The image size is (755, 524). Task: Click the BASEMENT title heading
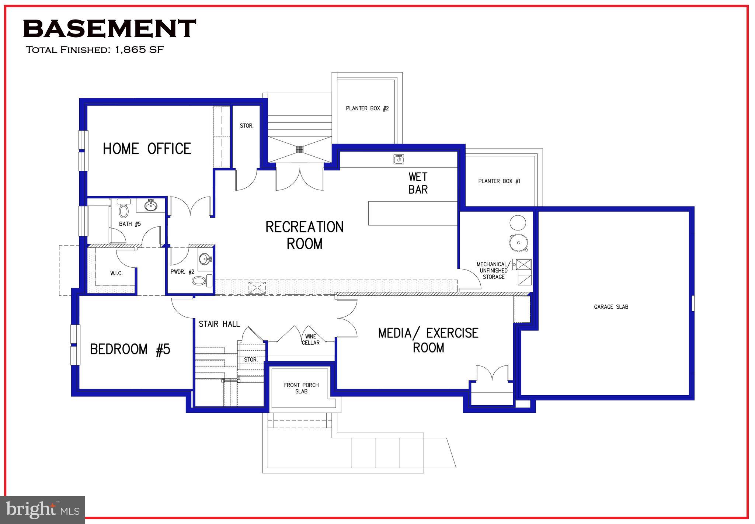[109, 29]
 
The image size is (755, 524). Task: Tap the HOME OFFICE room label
[147, 149]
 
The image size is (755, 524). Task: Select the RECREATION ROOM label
[305, 235]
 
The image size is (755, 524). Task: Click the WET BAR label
[418, 183]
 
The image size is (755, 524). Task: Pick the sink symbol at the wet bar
[399, 159]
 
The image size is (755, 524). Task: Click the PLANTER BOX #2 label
[367, 108]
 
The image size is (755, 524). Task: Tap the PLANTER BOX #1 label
[499, 181]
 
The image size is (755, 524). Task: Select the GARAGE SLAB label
[611, 307]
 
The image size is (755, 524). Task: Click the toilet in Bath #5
[123, 209]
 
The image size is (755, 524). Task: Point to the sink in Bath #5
[151, 205]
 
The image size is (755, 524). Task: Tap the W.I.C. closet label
[116, 273]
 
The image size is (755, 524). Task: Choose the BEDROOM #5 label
[130, 349]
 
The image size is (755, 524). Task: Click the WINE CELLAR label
[310, 339]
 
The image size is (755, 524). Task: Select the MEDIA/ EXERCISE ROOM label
[428, 340]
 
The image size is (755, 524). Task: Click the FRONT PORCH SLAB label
[301, 388]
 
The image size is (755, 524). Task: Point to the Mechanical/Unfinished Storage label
[493, 270]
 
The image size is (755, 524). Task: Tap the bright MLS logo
[43, 510]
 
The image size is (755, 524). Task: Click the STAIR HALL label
[219, 324]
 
